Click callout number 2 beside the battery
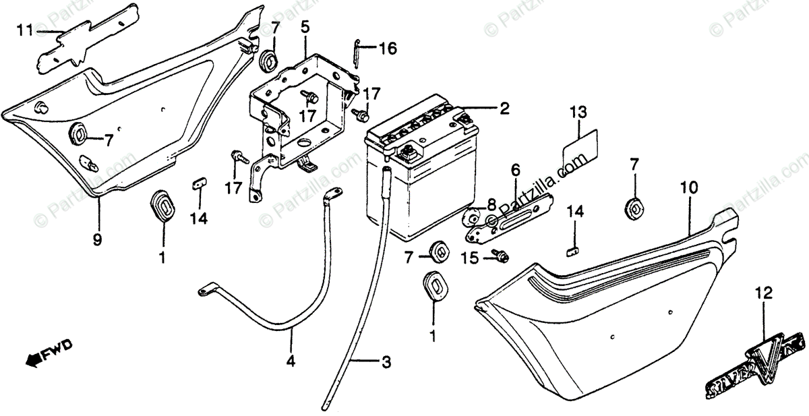pos(504,108)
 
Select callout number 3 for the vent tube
pos(386,363)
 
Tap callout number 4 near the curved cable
pos(291,361)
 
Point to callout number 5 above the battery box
pos(305,28)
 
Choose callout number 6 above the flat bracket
pos(515,169)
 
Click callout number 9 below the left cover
pos(97,239)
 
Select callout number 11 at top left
pos(24,30)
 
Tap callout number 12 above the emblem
pos(763,294)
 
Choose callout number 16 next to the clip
pos(387,49)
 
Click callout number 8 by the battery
pos(491,203)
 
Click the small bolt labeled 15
pos(501,256)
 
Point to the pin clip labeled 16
pos(357,54)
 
